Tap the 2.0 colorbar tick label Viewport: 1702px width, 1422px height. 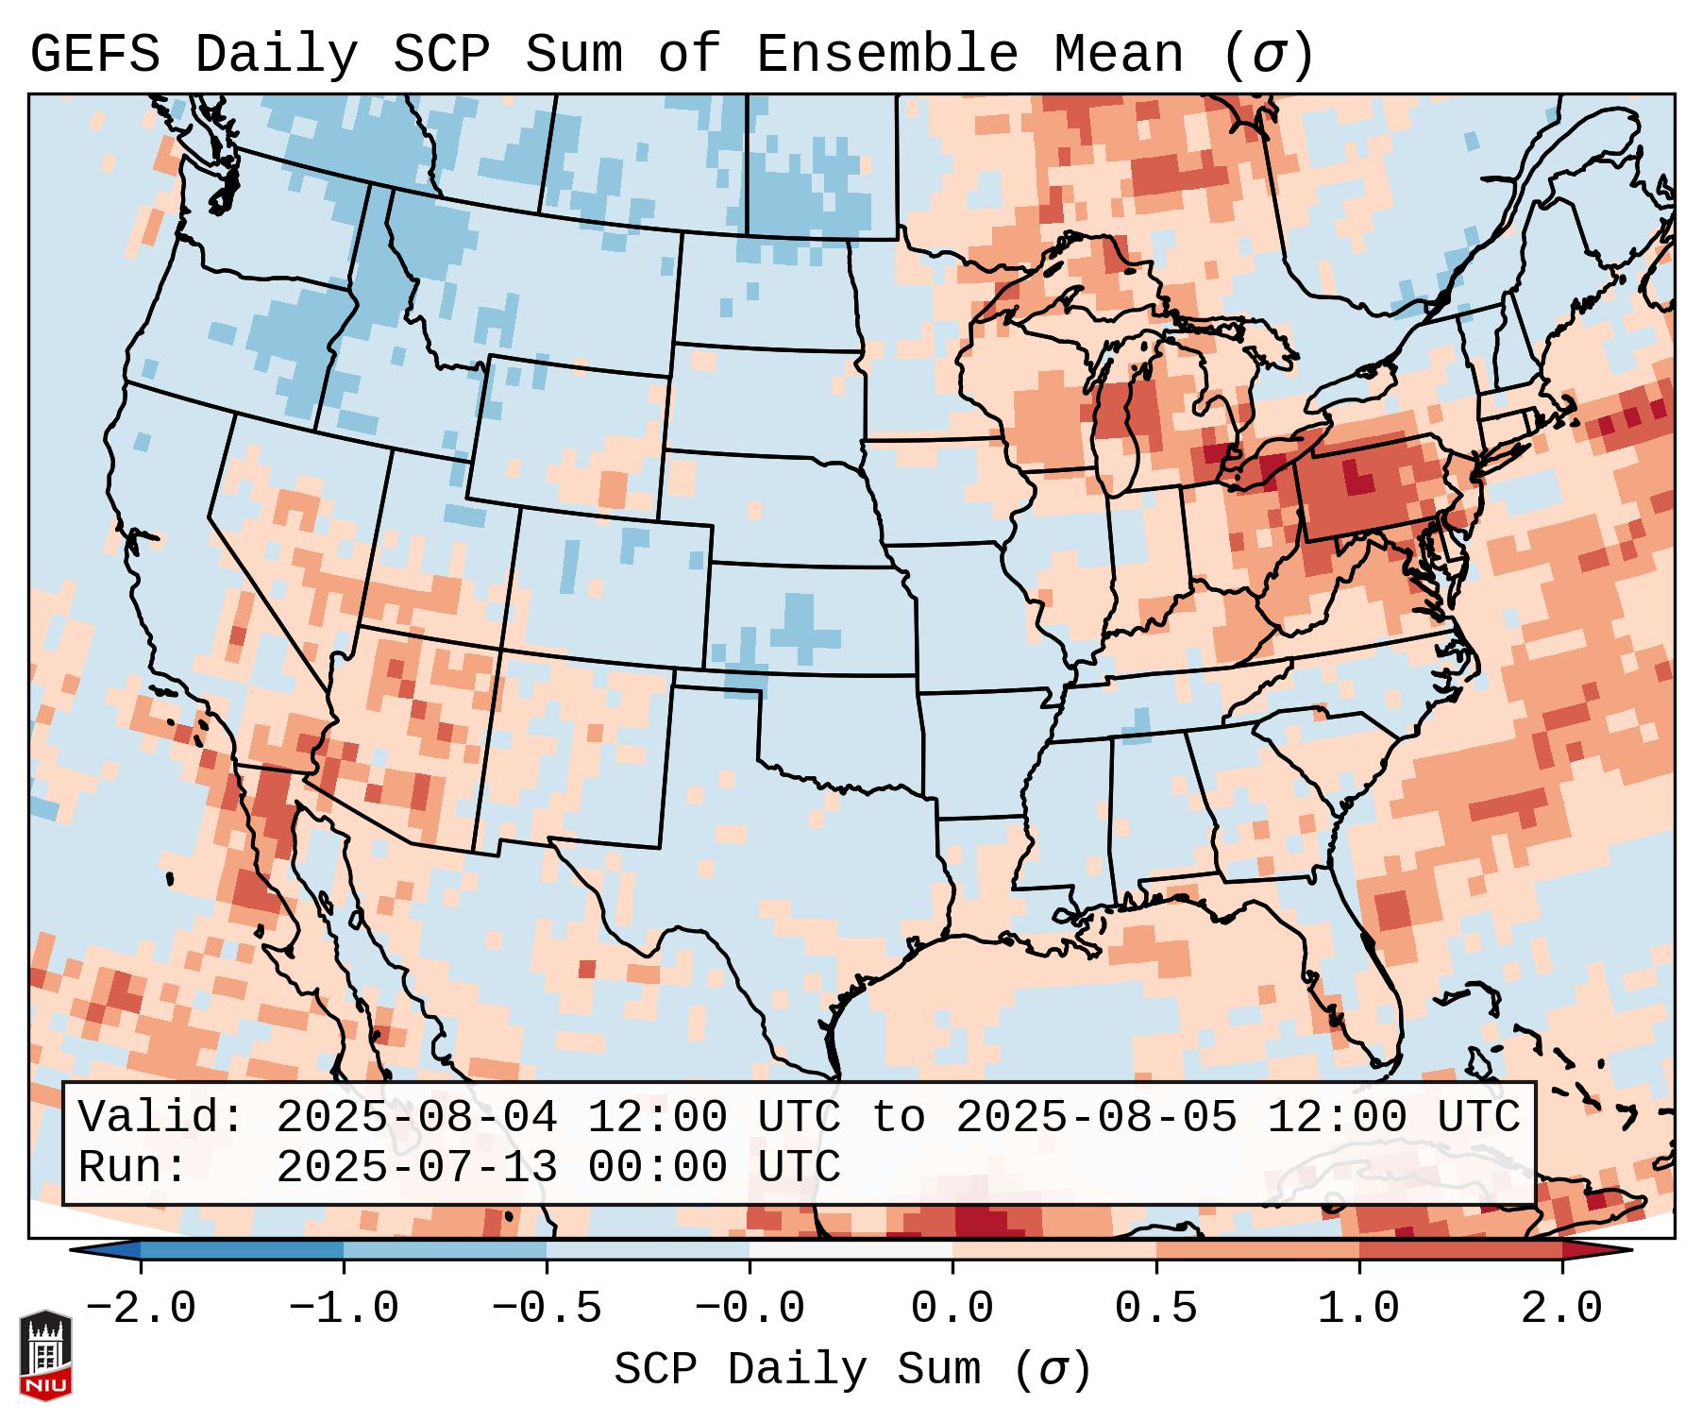pyautogui.click(x=1561, y=1309)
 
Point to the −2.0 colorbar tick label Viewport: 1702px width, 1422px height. pyautogui.click(x=141, y=1309)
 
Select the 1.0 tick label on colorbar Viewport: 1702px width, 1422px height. pyautogui.click(x=1358, y=1309)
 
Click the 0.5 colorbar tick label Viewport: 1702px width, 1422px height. pyautogui.click(x=1155, y=1309)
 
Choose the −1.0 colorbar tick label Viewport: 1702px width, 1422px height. pyautogui.click(x=344, y=1309)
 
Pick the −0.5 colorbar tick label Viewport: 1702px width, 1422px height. pyautogui.click(x=547, y=1309)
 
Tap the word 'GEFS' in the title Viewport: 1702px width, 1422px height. pyautogui.click(x=94, y=55)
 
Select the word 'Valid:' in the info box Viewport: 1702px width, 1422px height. pyautogui.click(x=161, y=1118)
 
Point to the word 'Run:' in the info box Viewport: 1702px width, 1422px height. pyautogui.click(x=133, y=1167)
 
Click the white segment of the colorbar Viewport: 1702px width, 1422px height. pyautogui.click(x=851, y=1250)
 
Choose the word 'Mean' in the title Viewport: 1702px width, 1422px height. pyautogui.click(x=1119, y=55)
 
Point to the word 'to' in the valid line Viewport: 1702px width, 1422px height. pyautogui.click(x=898, y=1118)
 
